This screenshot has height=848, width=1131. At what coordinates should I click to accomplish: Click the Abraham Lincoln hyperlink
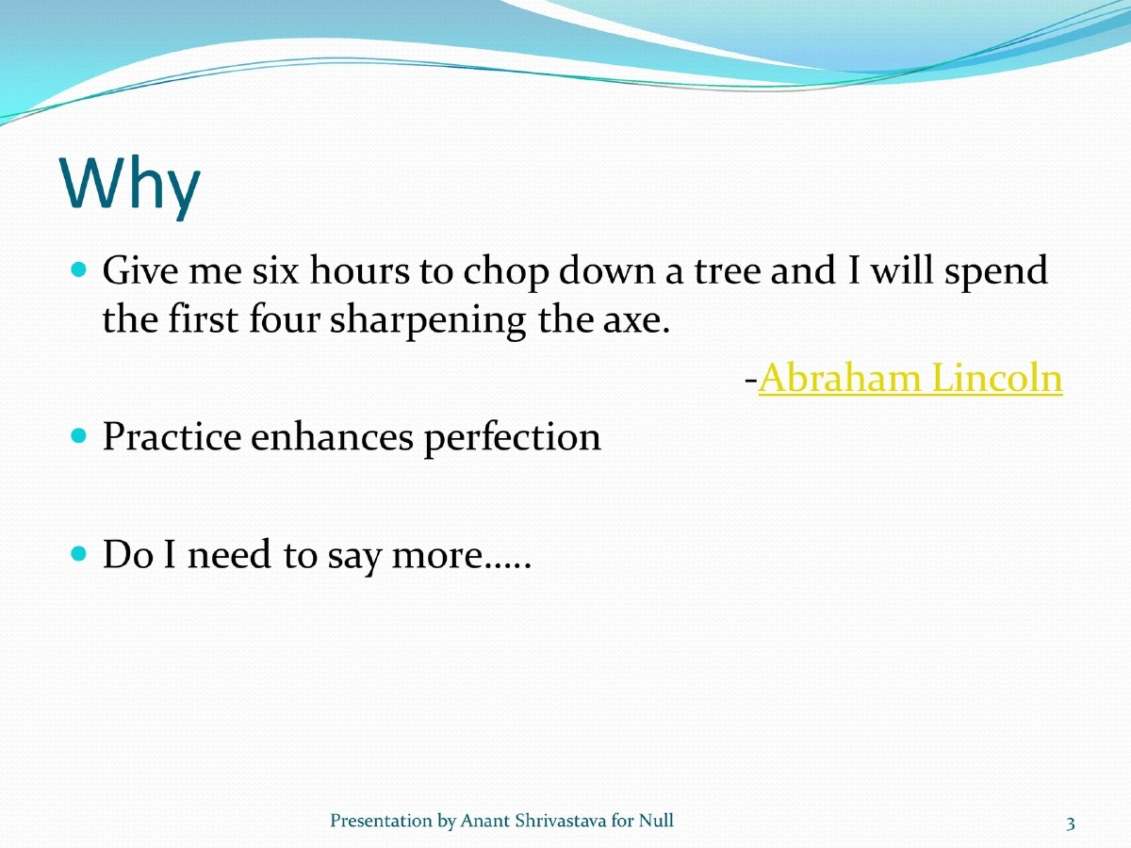910,379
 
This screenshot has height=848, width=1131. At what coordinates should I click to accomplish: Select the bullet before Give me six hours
79,269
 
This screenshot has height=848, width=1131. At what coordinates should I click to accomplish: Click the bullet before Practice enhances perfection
79,436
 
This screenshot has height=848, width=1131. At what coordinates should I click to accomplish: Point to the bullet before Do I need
79,554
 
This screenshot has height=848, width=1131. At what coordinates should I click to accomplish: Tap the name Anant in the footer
483,822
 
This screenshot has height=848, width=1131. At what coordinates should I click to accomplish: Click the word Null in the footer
656,822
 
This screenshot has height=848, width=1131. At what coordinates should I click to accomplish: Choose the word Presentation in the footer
381,822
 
